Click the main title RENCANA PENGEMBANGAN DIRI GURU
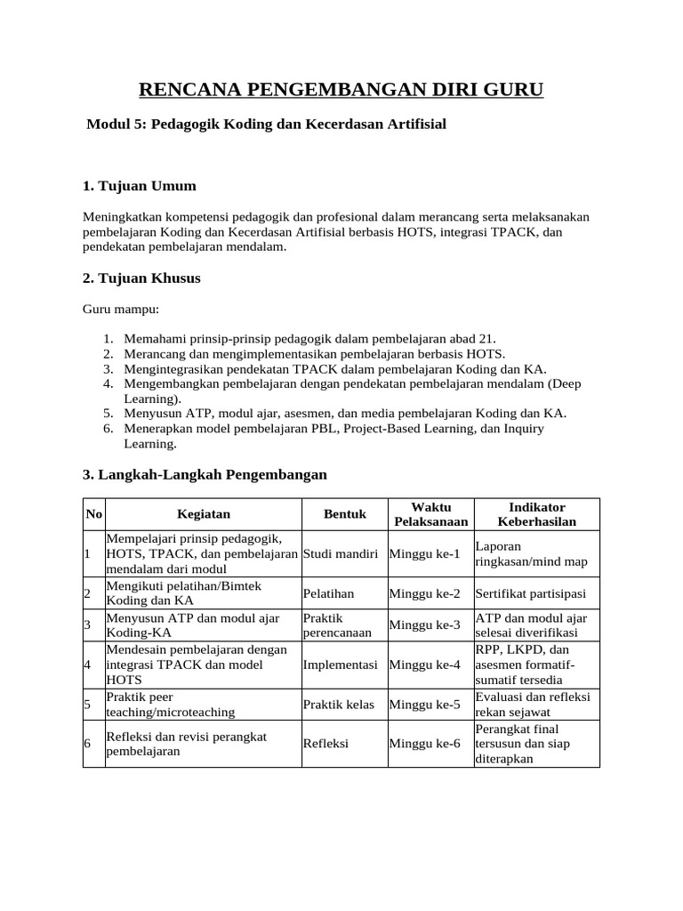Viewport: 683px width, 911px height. click(341, 90)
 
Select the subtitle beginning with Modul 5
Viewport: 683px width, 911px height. click(266, 125)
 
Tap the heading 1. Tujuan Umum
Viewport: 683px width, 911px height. click(139, 186)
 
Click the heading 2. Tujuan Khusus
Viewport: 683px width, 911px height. click(141, 278)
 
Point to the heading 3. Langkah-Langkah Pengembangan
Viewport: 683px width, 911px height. click(205, 475)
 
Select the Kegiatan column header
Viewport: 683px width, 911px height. click(204, 514)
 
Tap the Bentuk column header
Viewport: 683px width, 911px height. click(344, 514)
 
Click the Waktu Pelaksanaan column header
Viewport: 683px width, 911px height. click(430, 514)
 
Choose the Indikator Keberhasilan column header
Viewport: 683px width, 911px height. click(536, 514)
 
